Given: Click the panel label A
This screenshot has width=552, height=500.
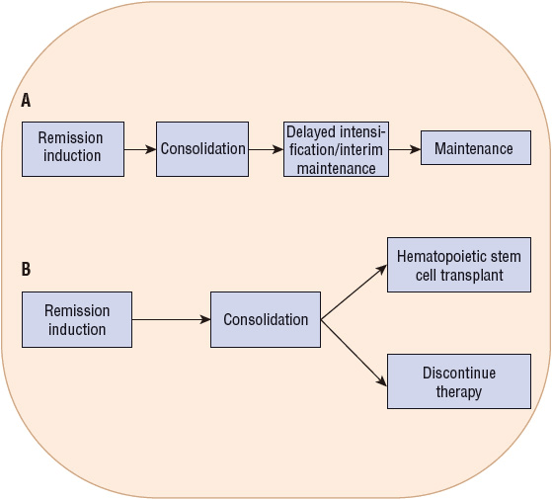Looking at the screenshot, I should click(x=26, y=100).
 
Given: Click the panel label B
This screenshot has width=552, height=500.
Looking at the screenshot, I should click(x=26, y=269).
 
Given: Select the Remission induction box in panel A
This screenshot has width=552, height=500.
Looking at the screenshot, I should click(x=73, y=148).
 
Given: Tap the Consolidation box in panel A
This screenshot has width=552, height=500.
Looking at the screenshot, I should click(x=202, y=149).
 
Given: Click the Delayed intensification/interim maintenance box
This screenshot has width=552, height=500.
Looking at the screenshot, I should click(x=335, y=149).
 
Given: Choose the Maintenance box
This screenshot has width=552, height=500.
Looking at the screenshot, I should click(x=475, y=149).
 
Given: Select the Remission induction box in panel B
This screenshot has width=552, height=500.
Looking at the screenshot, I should click(x=77, y=319).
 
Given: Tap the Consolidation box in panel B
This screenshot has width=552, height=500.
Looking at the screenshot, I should click(x=265, y=319).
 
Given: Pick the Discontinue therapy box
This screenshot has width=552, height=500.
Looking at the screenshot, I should click(x=459, y=381).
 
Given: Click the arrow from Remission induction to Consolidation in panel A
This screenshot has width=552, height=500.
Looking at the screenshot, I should click(x=140, y=150).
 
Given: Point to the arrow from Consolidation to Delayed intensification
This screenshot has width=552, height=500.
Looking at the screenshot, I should click(x=265, y=150).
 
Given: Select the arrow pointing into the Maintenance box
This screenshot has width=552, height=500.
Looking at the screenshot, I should click(x=405, y=150).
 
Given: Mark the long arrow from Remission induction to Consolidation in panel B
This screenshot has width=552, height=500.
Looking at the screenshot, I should click(x=171, y=319).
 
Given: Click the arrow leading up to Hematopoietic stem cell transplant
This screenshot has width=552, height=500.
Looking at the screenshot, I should click(x=354, y=292).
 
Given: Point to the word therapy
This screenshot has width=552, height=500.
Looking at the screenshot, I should click(x=459, y=391).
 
